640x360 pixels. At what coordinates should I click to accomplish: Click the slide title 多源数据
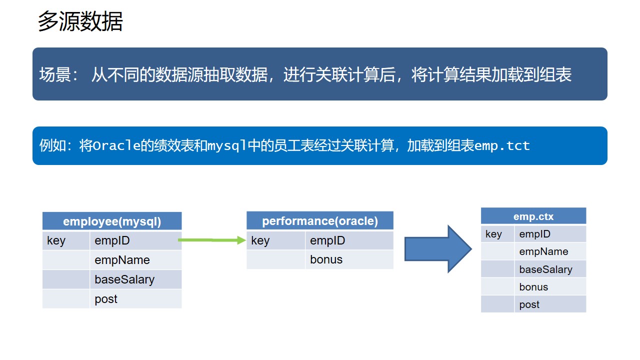[80, 22]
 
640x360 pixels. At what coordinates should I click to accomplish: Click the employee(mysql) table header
[112, 221]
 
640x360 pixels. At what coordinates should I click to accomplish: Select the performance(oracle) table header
[320, 221]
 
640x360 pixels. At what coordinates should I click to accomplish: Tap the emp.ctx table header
[533, 216]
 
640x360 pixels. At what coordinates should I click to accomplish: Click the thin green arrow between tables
[212, 240]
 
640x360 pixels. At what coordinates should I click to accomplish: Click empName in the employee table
[122, 260]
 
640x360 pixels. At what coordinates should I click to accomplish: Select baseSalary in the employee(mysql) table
[124, 279]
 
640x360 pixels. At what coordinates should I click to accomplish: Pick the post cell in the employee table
[106, 299]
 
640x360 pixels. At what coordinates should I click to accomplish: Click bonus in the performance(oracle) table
[326, 259]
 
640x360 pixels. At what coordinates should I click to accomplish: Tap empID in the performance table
[327, 240]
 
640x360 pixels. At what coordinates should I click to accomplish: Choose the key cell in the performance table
[260, 240]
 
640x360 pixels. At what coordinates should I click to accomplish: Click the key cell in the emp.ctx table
[493, 234]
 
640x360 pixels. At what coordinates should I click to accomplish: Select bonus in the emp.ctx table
[533, 287]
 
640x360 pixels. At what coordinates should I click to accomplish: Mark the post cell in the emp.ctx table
[529, 304]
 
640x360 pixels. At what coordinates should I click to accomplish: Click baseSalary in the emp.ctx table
[545, 269]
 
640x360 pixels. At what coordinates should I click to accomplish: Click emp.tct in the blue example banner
[502, 146]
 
